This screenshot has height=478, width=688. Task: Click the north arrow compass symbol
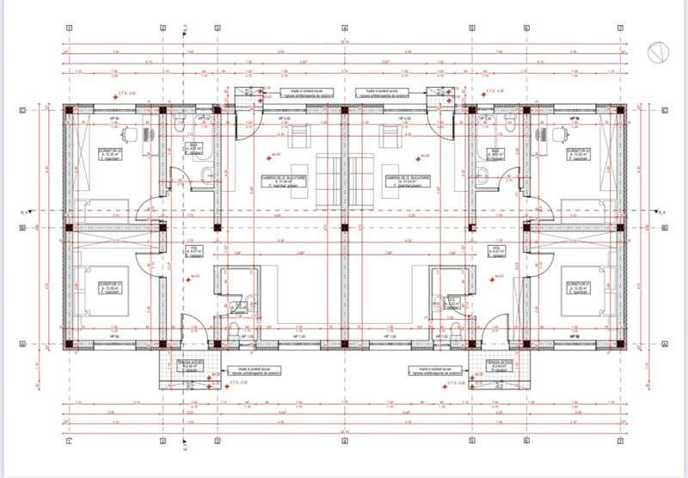656,52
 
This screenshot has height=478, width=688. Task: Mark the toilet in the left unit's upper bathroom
178,126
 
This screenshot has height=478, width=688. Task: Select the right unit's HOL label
496,251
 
